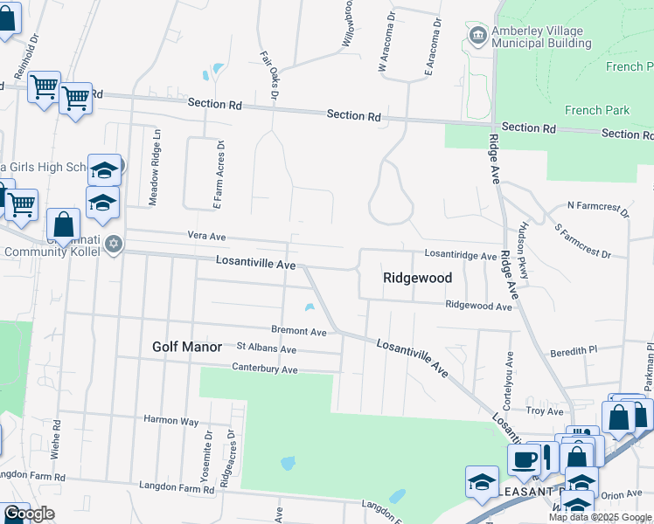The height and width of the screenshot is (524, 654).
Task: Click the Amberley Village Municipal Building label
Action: pyautogui.click(x=542, y=36)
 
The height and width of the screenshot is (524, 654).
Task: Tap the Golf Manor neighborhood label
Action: pyautogui.click(x=187, y=347)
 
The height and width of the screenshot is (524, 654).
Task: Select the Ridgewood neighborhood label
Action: pyautogui.click(x=418, y=278)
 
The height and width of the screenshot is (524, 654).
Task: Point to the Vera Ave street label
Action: pyautogui.click(x=206, y=236)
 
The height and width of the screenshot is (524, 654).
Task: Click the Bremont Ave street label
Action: pyautogui.click(x=298, y=332)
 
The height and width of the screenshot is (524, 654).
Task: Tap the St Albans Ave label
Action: pyautogui.click(x=267, y=350)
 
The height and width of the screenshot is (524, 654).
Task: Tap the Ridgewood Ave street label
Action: pyautogui.click(x=478, y=307)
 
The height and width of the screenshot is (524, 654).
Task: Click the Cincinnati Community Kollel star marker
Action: pyautogui.click(x=114, y=244)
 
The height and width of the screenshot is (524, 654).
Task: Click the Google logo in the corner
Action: pyautogui.click(x=28, y=514)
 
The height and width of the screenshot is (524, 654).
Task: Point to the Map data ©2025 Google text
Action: pyautogui.click(x=600, y=517)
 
